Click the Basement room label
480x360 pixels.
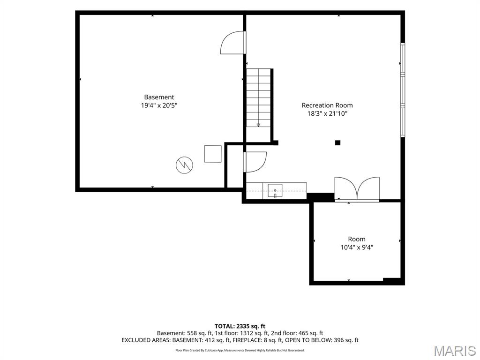pos(159,97)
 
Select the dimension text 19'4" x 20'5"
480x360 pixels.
pos(159,105)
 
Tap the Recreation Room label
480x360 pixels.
pos(327,105)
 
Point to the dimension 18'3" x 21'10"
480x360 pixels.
pos(327,114)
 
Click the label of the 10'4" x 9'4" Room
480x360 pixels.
pos(357,239)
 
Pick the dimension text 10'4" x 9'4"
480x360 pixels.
pos(357,247)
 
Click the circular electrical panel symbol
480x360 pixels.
pos(184,165)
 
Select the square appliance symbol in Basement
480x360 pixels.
pos(213,154)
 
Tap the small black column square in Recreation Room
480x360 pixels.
pos(337,142)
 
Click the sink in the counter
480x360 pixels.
pos(275,191)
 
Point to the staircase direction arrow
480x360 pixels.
pos(258,125)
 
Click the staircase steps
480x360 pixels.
pos(259,97)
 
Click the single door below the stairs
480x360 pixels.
pos(255,162)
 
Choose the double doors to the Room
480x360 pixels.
pos(357,189)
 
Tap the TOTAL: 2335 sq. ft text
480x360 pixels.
pos(240,326)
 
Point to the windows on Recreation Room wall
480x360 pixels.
pos(403,90)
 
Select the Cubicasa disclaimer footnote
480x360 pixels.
pos(240,350)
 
